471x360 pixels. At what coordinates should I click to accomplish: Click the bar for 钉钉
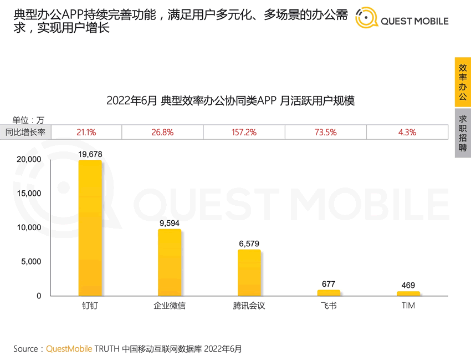tap(90, 228)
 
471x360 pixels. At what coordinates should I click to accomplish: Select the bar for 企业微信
tap(170, 262)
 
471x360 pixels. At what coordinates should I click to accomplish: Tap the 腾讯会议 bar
tap(249, 273)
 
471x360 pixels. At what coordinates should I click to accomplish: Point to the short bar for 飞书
tap(329, 293)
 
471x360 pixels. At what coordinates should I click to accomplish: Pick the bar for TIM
tap(408, 293)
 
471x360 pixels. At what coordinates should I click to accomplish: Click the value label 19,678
tap(90, 154)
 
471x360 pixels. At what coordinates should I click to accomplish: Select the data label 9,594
tap(170, 223)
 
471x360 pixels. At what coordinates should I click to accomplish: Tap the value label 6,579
tap(249, 244)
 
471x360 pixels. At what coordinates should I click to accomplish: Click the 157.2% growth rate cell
tap(244, 132)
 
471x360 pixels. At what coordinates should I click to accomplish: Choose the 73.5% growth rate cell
tap(326, 132)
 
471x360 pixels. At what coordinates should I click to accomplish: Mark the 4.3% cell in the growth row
tap(407, 132)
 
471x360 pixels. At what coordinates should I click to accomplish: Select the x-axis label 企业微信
tap(170, 306)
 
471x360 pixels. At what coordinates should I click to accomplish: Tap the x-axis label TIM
tap(408, 305)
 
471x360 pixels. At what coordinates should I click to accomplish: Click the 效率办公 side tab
tap(463, 82)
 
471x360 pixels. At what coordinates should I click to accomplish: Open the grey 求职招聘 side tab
tap(463, 133)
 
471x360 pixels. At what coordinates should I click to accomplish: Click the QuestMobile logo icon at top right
tap(366, 18)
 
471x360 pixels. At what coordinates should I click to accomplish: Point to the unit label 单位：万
tap(29, 119)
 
